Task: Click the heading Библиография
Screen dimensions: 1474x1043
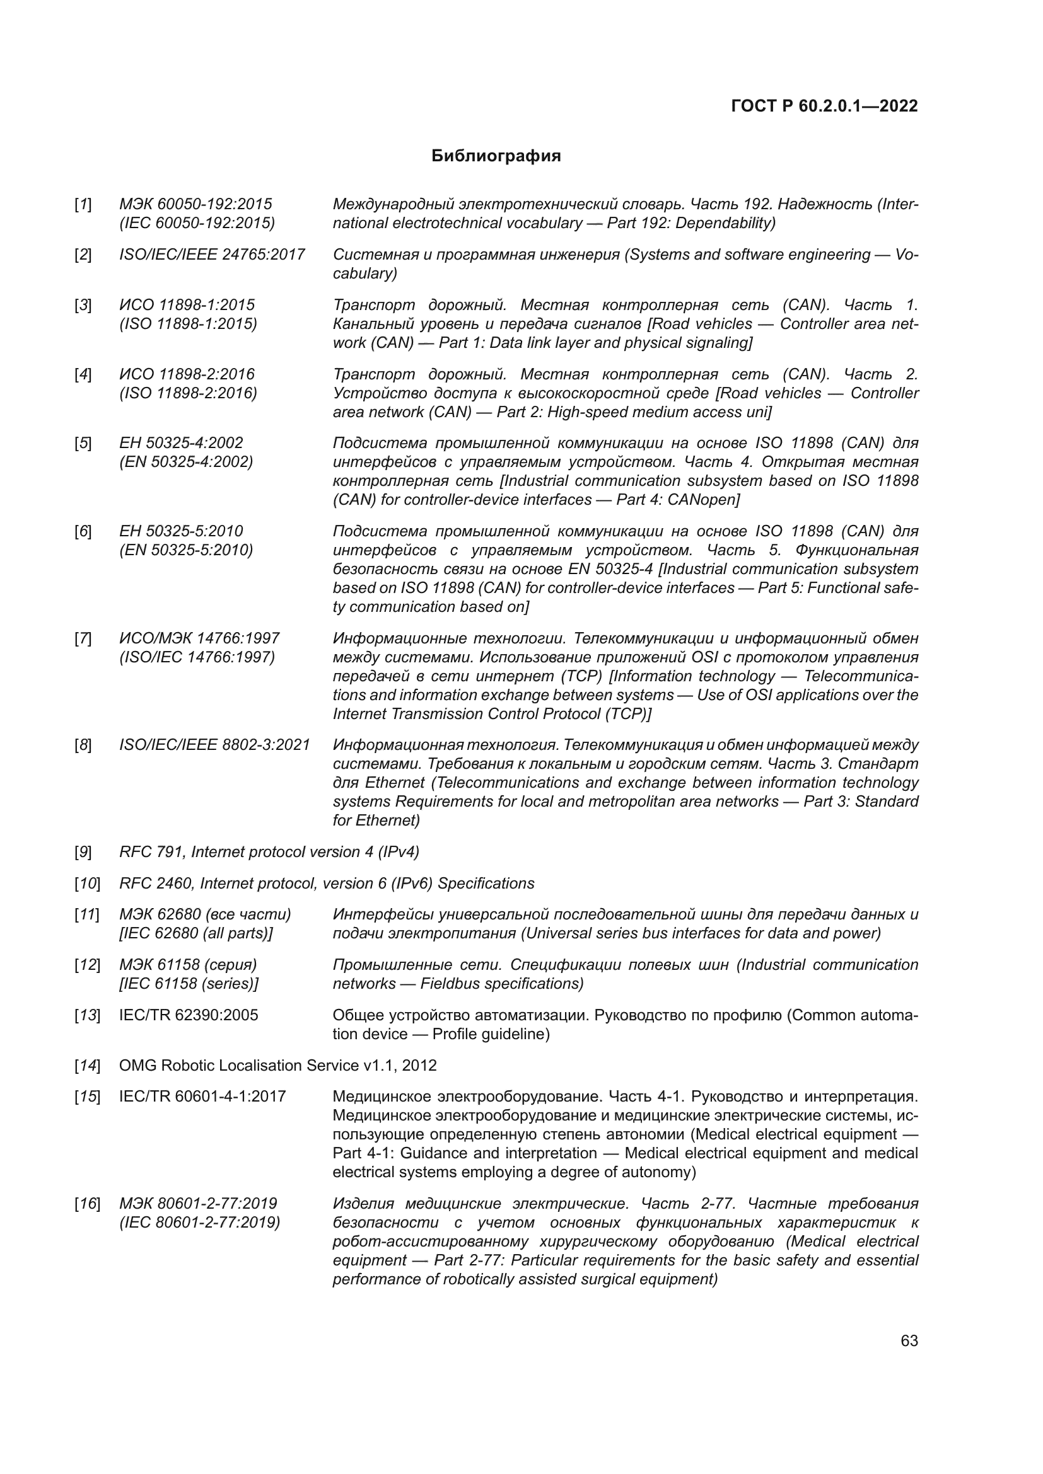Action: tap(496, 156)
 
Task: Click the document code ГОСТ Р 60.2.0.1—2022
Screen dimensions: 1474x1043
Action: tap(825, 107)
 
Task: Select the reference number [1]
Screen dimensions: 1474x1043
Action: tap(83, 205)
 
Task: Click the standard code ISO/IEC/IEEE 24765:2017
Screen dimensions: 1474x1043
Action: tap(212, 255)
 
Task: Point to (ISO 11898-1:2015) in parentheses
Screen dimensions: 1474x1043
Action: tap(188, 323)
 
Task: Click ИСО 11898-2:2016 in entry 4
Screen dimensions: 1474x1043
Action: tap(187, 374)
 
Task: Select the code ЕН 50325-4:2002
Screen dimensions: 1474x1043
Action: tap(181, 443)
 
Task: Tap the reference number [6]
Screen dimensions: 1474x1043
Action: tap(83, 532)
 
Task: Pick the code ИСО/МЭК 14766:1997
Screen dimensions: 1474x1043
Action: tap(199, 639)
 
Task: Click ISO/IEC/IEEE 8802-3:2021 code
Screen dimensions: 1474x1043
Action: tap(214, 746)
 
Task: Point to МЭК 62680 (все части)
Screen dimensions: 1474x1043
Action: tap(205, 915)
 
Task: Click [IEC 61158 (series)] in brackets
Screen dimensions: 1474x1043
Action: tap(189, 984)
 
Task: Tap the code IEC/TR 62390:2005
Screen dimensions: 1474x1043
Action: tap(189, 1016)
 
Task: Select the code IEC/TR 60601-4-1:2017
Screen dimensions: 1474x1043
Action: tap(202, 1097)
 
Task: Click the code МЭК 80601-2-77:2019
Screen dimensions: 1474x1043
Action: tap(198, 1204)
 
